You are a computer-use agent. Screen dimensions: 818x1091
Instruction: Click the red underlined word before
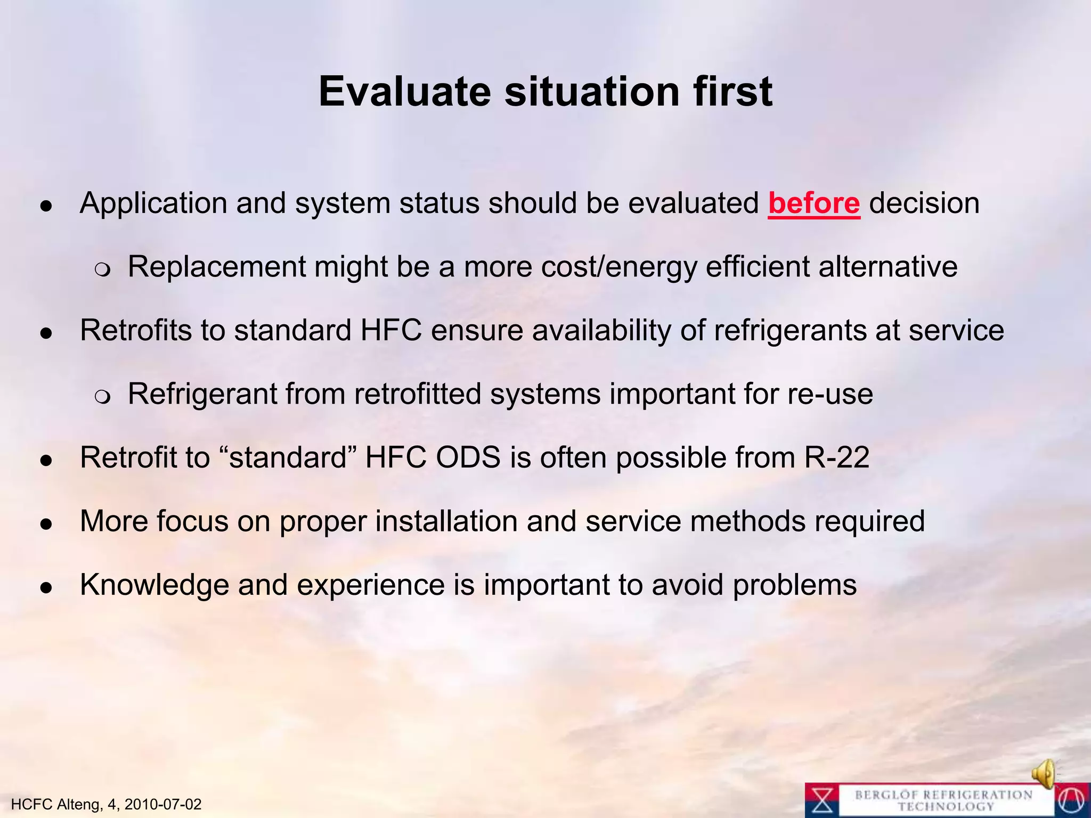coord(813,204)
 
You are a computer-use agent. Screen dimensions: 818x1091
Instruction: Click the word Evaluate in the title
coord(404,92)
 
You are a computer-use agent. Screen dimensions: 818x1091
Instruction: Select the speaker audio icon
coord(1044,773)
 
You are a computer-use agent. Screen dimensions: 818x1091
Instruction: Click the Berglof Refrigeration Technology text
coord(943,800)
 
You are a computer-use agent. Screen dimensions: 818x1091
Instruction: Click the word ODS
coord(468,457)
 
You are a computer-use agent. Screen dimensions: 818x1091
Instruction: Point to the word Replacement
coord(216,267)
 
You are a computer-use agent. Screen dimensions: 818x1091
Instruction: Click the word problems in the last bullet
coord(794,585)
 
